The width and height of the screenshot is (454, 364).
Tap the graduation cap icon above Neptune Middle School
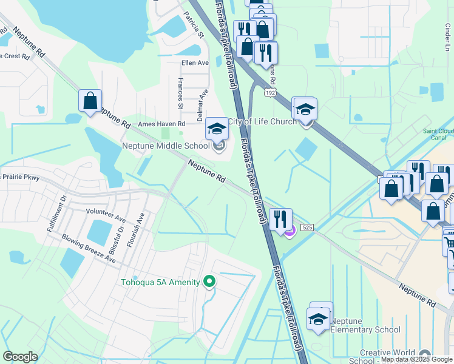(216, 128)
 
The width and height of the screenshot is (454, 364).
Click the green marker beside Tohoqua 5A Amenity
(209, 281)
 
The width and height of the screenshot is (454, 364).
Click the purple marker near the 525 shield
(290, 230)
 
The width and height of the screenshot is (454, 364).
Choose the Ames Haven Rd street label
(161, 124)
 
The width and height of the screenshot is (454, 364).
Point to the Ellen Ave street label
(195, 62)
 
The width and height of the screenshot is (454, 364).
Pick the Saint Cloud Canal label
(438, 134)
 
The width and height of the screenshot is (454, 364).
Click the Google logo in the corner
(20, 356)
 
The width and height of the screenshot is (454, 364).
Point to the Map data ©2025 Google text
(416, 360)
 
